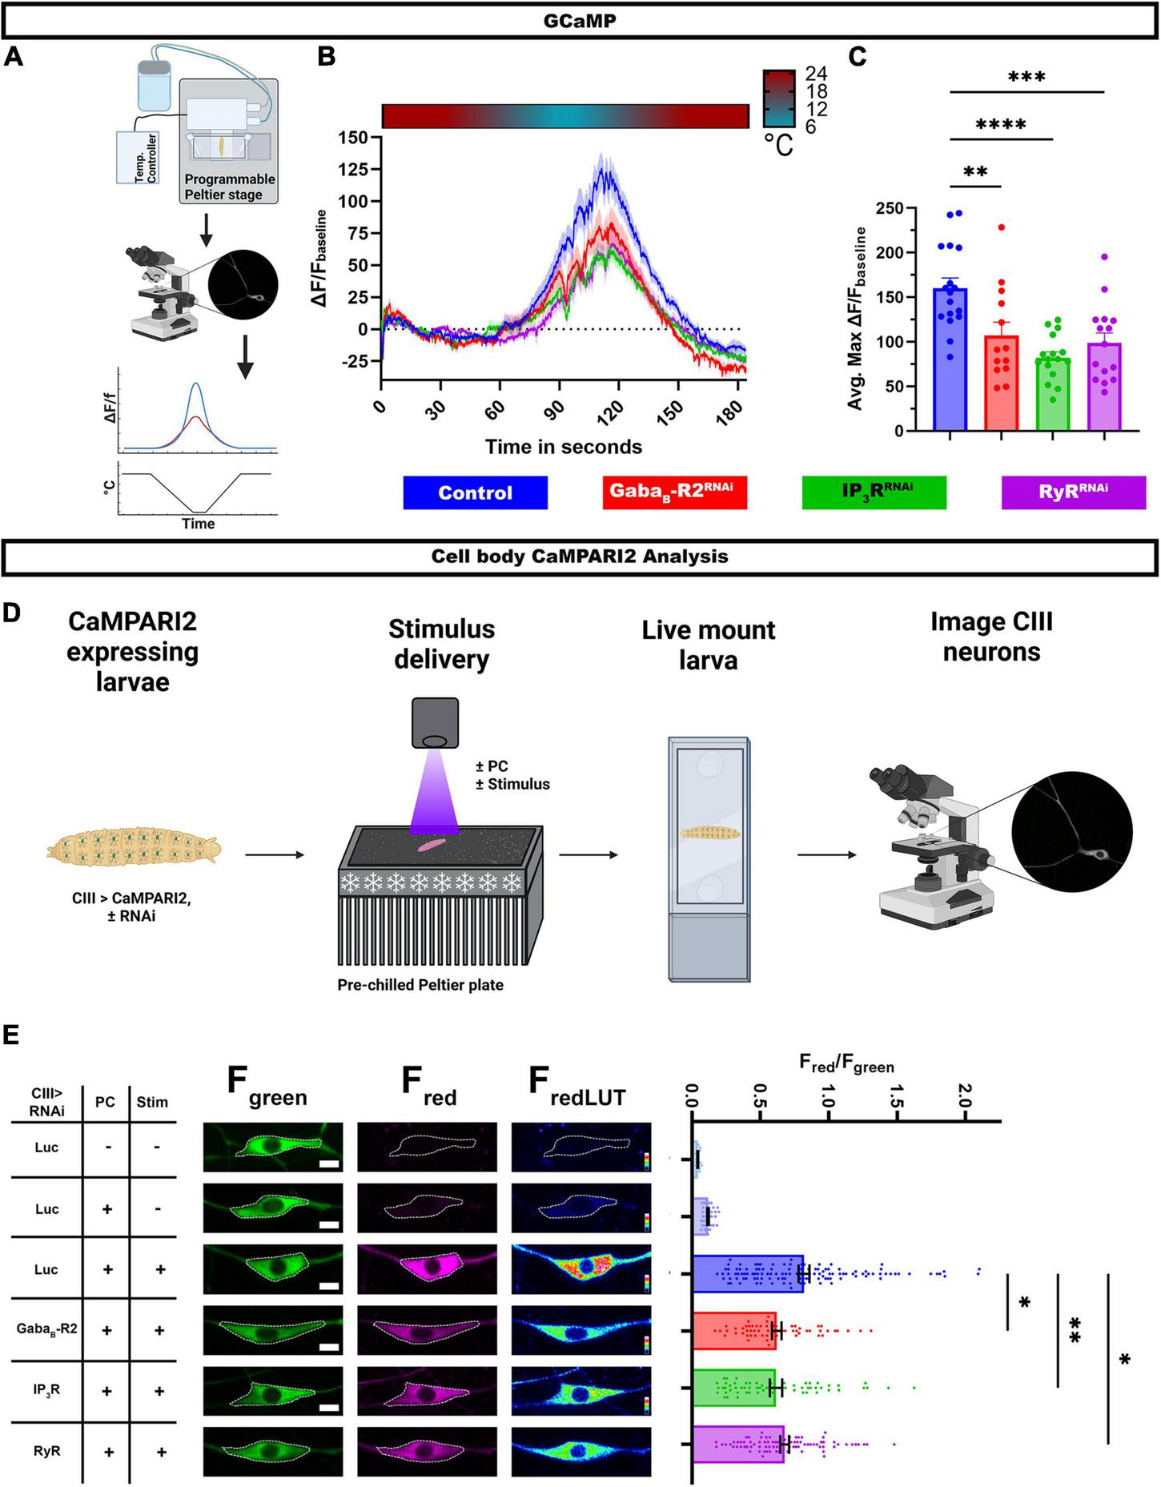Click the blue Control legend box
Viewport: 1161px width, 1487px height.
(x=475, y=492)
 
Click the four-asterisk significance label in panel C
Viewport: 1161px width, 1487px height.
(x=1001, y=125)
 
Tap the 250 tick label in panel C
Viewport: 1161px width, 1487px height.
(x=889, y=209)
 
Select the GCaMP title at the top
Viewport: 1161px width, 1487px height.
(x=580, y=21)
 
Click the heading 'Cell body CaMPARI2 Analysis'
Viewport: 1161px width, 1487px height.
(x=580, y=557)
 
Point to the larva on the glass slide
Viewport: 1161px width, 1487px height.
(x=710, y=833)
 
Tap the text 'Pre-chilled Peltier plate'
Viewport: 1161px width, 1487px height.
(x=420, y=985)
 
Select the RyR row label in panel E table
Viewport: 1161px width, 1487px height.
(x=46, y=1451)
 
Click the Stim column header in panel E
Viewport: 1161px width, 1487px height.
(x=152, y=1102)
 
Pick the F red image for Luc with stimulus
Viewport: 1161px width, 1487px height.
(x=427, y=1270)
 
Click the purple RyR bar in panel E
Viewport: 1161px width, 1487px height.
(x=737, y=1444)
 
